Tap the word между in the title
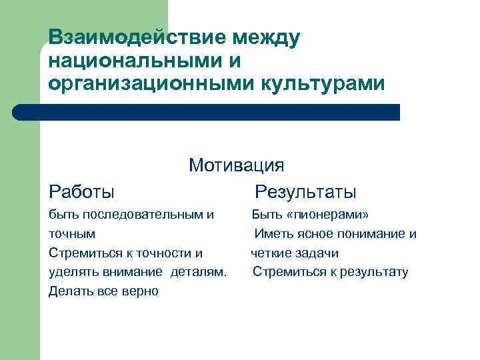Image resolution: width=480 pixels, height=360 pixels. (x=263, y=38)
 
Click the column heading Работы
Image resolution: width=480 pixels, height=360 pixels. (x=81, y=192)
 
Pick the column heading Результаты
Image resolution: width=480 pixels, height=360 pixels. (x=305, y=192)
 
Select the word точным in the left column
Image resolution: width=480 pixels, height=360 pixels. (x=72, y=234)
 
